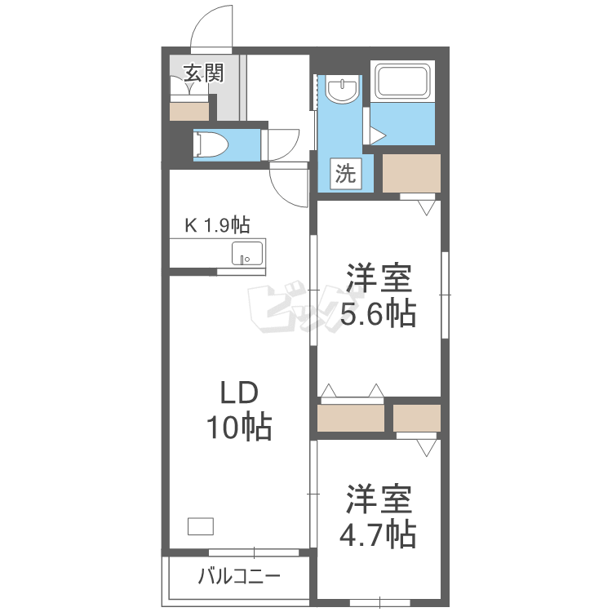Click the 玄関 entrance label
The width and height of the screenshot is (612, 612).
[x=204, y=73]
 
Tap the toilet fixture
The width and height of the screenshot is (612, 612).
[x=211, y=144]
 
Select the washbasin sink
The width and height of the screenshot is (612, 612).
[x=342, y=90]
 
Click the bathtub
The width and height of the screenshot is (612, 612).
[x=402, y=82]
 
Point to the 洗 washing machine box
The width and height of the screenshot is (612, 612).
[x=346, y=174]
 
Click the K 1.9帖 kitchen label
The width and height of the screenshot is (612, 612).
[x=217, y=225]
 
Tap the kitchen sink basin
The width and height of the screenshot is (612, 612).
[x=247, y=254]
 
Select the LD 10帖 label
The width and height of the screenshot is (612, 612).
[x=239, y=410]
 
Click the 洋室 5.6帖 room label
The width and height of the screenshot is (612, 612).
[x=379, y=296]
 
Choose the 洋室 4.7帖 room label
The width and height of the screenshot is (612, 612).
[x=378, y=517]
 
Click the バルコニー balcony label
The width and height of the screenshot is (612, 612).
[x=239, y=576]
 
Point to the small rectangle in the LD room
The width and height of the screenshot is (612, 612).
[x=201, y=526]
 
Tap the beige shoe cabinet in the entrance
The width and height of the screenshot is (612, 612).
[x=189, y=112]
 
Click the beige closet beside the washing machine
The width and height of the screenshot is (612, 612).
[x=411, y=173]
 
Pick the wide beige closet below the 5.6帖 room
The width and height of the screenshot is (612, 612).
[x=351, y=418]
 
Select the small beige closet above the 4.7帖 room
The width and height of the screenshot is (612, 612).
[x=417, y=418]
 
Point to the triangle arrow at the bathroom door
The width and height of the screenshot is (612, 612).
[x=378, y=135]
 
